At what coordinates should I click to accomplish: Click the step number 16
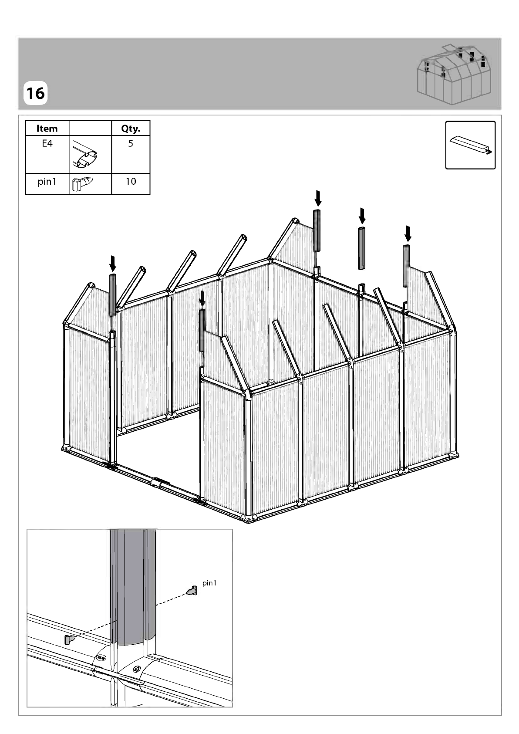35,93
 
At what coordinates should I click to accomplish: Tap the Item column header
47,129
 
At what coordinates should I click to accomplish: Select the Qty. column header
131,129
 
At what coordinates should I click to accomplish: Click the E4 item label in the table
47,143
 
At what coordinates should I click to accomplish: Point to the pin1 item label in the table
47,182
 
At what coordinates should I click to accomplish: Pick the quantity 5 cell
131,143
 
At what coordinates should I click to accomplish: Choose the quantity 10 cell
131,182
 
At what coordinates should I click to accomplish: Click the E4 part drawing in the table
85,154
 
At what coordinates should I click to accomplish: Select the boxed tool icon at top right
470,145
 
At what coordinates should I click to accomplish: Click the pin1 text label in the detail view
209,583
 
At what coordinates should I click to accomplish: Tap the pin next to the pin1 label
192,591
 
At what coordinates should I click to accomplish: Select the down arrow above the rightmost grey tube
408,233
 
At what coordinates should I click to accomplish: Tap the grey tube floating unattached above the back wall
361,248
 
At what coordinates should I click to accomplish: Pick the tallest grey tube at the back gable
317,230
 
